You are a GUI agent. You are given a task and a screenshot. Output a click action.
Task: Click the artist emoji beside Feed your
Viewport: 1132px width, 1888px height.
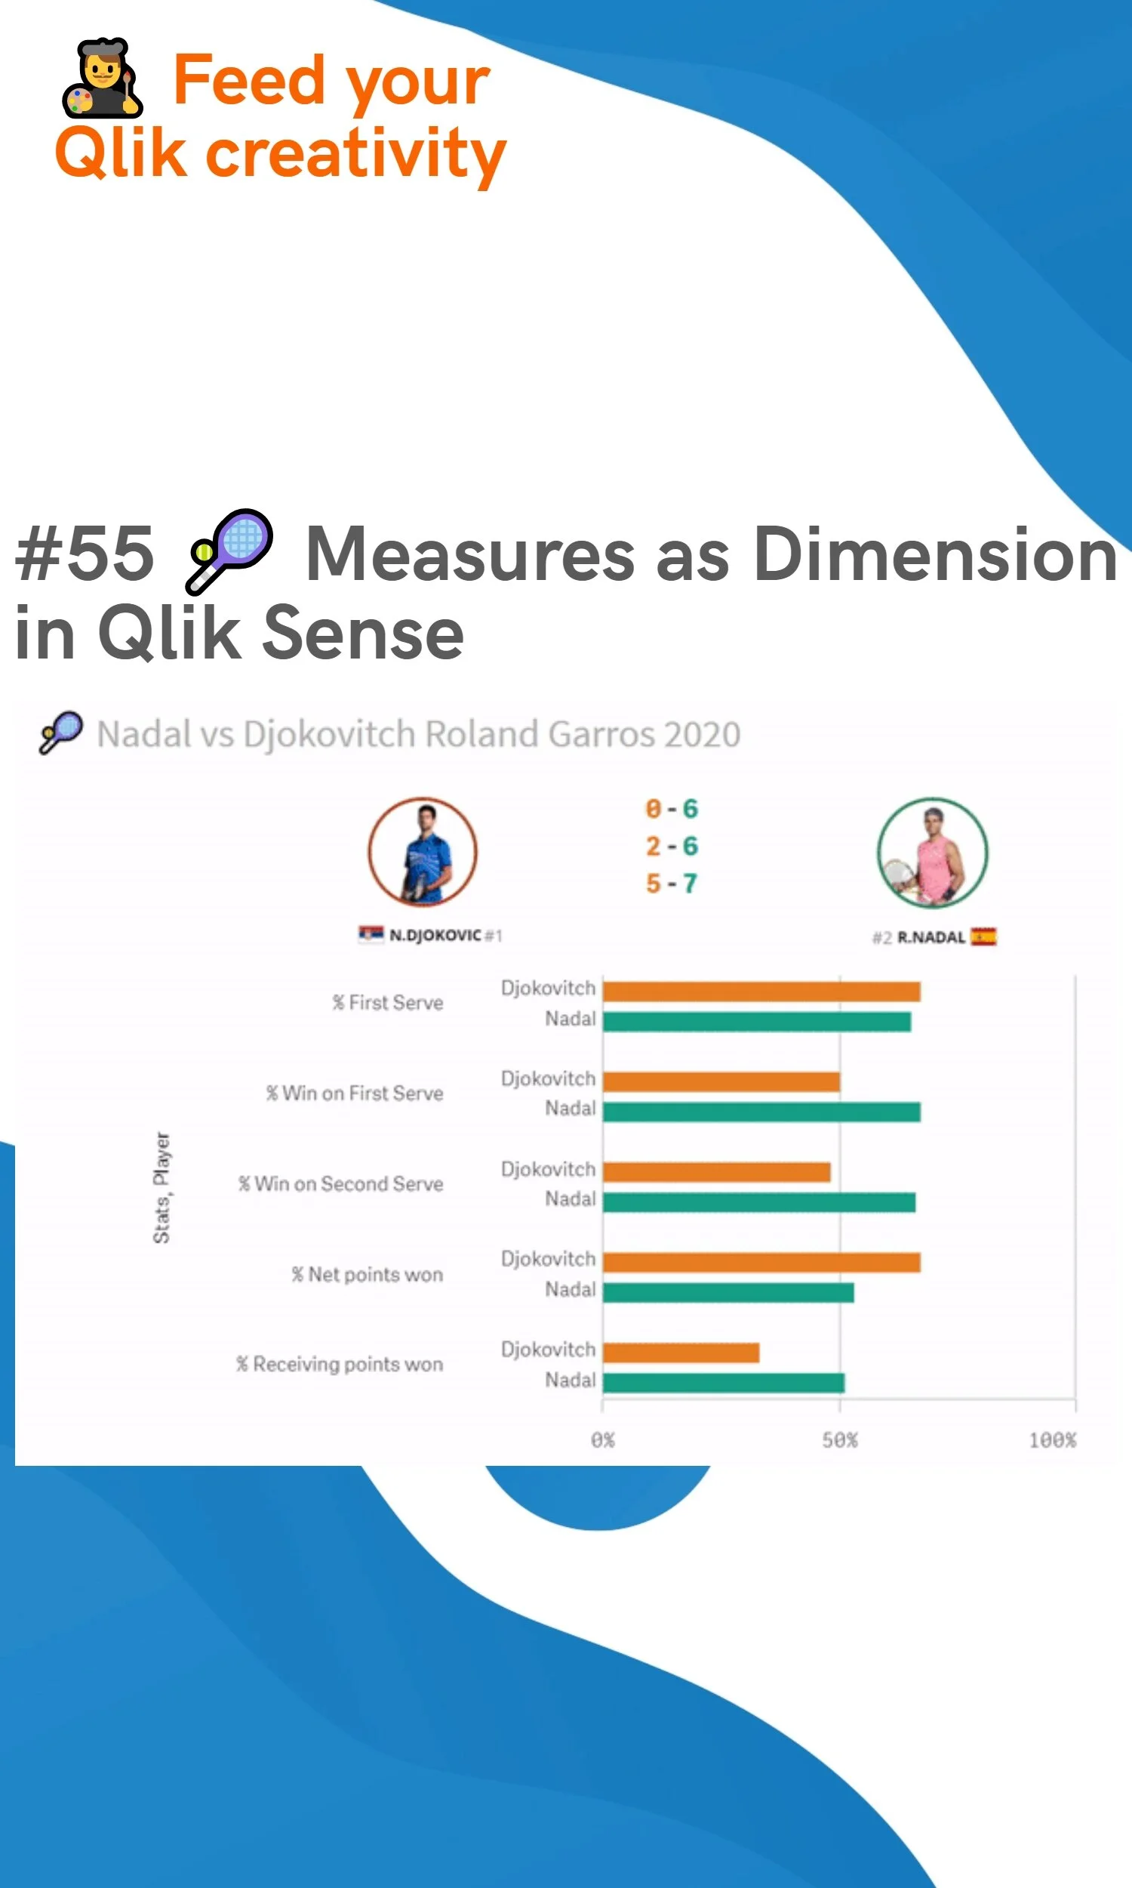[x=102, y=79]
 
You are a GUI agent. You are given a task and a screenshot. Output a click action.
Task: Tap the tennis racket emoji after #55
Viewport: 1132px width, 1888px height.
[x=229, y=551]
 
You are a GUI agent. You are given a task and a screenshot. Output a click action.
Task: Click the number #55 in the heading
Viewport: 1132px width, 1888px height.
[x=85, y=554]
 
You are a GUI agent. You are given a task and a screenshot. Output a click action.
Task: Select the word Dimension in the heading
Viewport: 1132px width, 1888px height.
[x=935, y=554]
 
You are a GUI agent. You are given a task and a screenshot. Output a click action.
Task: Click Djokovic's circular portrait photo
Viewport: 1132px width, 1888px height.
[x=423, y=852]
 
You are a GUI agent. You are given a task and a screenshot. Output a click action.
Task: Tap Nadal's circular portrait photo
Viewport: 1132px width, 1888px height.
[x=932, y=853]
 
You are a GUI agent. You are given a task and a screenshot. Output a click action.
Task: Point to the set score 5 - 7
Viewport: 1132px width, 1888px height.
[x=671, y=884]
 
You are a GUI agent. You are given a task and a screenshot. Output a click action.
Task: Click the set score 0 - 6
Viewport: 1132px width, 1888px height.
[x=671, y=809]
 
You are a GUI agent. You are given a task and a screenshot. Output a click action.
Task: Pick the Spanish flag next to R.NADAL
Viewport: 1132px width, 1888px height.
[x=984, y=936]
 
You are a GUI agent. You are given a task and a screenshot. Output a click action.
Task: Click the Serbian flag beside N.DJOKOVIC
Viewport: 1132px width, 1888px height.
[x=371, y=934]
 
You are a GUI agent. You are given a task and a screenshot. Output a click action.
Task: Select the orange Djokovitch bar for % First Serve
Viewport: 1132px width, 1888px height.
[x=761, y=992]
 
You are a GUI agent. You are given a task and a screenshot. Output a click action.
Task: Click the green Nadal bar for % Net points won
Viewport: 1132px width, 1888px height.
[x=727, y=1292]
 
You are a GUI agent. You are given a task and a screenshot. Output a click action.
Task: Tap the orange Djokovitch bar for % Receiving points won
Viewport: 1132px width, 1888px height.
[x=681, y=1353]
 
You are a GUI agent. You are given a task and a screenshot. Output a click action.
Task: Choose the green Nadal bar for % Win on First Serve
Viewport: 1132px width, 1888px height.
[x=761, y=1112]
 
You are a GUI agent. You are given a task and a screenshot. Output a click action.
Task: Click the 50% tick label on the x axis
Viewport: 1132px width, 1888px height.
[x=840, y=1440]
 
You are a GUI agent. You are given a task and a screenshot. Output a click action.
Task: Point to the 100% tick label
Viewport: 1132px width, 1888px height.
[x=1052, y=1440]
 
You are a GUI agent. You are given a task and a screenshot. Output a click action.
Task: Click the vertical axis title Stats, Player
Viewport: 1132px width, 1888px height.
[x=161, y=1187]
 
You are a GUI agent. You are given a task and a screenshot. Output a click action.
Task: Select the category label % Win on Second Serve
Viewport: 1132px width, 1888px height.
[x=340, y=1183]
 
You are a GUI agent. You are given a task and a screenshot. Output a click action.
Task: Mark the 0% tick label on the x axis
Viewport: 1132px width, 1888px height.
[x=603, y=1440]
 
